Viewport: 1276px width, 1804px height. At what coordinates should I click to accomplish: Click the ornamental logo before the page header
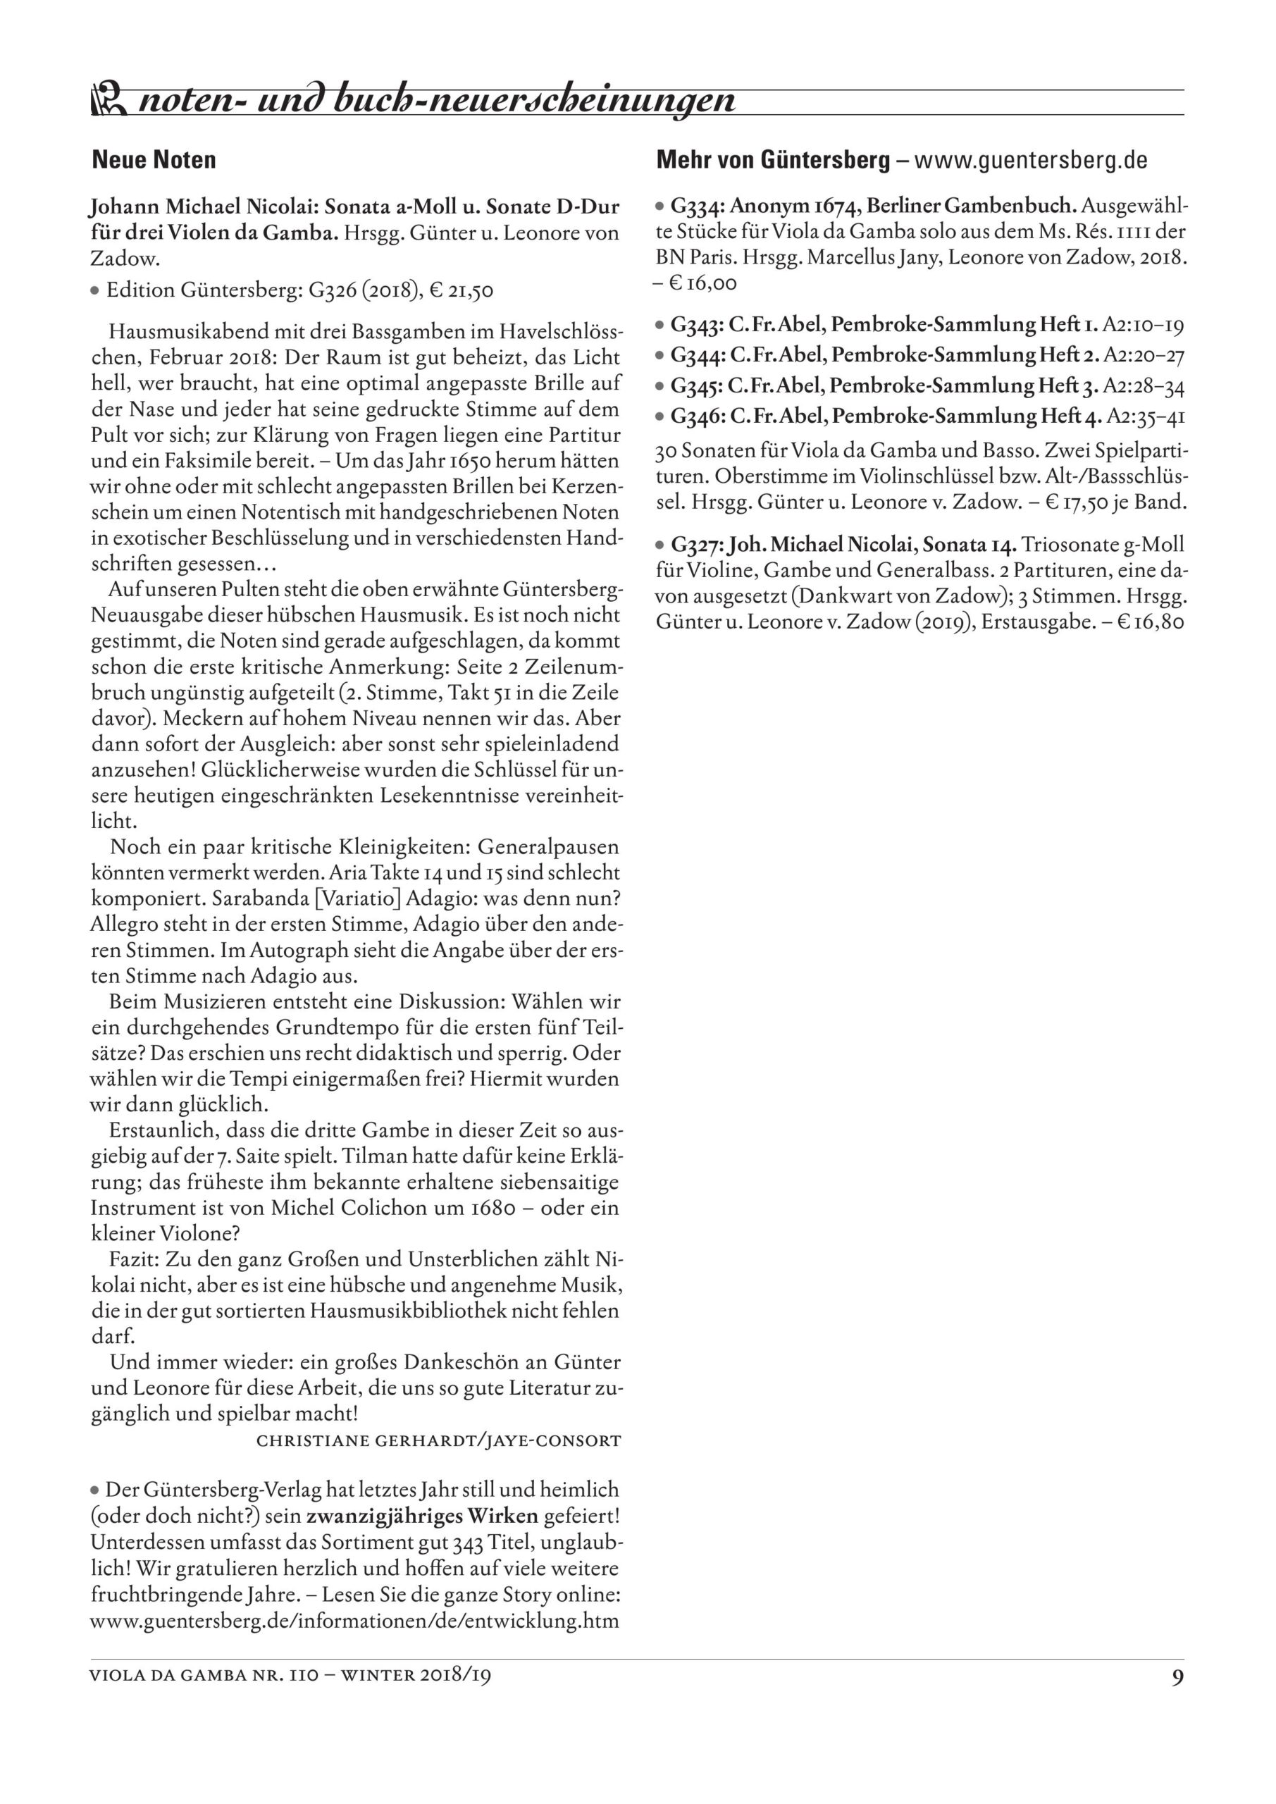[109, 101]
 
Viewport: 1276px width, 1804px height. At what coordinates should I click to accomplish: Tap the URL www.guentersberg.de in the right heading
[1031, 160]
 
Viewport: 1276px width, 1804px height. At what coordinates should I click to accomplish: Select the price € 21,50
[462, 291]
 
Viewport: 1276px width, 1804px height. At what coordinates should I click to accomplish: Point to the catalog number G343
[696, 324]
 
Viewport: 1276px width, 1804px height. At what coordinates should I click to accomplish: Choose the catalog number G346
[697, 416]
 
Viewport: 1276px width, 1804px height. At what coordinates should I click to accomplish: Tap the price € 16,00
[702, 284]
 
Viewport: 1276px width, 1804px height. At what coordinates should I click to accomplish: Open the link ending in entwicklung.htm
[354, 1620]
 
